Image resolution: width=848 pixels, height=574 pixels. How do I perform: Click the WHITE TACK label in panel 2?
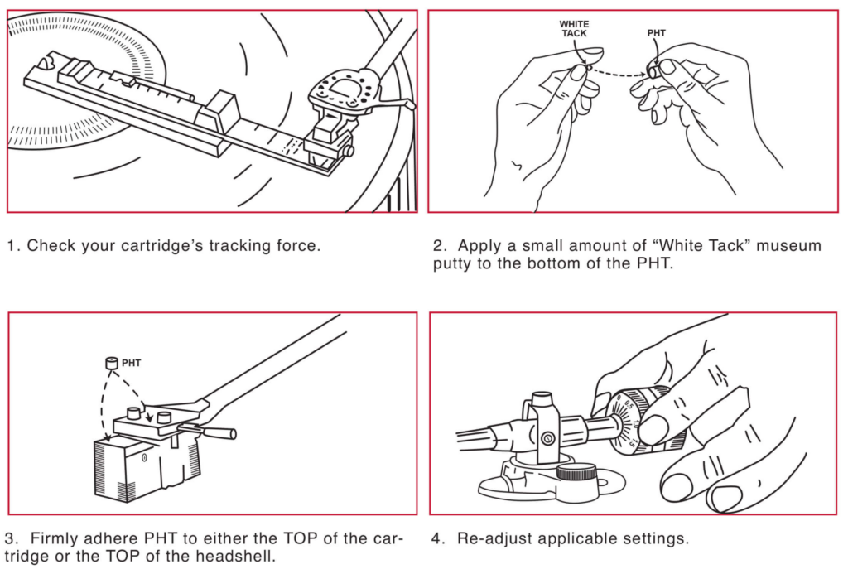pos(574,28)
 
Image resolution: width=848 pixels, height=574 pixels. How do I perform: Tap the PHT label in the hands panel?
pos(656,34)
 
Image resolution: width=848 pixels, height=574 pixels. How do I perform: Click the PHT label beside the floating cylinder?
pos(132,363)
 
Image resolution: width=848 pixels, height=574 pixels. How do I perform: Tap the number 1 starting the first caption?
pos(12,246)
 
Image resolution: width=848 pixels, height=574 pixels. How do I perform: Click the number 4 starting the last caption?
pos(436,538)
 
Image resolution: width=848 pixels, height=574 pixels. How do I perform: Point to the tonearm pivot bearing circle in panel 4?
pos(547,437)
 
